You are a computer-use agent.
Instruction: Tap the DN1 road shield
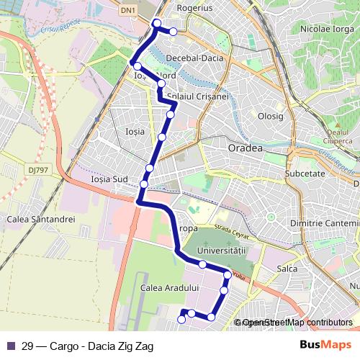(x=127, y=9)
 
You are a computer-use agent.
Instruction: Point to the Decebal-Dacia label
(x=194, y=58)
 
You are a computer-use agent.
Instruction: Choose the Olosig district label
(x=271, y=116)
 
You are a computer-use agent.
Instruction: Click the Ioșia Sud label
(x=109, y=179)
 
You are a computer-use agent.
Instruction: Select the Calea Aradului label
(x=169, y=287)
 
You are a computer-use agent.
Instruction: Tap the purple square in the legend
(x=10, y=345)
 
